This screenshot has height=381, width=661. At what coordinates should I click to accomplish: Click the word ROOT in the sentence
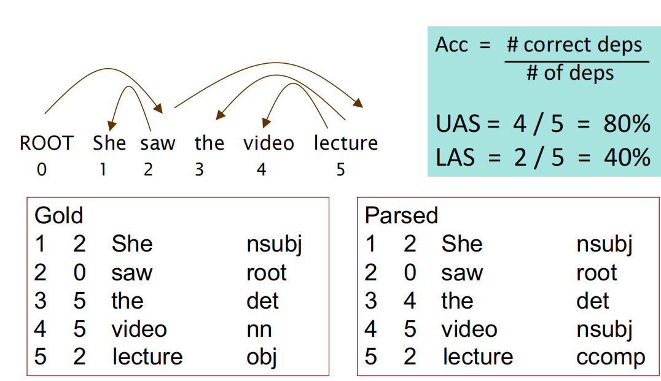click(46, 144)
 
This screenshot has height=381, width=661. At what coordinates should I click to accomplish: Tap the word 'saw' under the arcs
click(157, 144)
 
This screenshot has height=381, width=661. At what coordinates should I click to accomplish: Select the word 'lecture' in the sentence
click(345, 144)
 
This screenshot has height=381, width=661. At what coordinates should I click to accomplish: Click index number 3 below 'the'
click(199, 169)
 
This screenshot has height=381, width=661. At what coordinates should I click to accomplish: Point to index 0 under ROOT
click(41, 169)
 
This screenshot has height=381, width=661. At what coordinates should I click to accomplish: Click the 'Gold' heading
click(58, 215)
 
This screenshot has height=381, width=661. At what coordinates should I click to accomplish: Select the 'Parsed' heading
click(401, 215)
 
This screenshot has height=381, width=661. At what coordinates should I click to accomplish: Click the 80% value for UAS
click(626, 125)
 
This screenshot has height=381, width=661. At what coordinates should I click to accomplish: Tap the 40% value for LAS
click(626, 157)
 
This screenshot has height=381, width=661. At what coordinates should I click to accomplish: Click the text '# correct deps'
click(574, 45)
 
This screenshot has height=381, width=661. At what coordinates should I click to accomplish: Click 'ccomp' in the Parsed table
click(611, 357)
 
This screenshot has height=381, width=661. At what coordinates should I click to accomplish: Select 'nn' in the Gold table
click(259, 329)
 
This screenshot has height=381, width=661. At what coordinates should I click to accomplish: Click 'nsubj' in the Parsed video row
click(604, 329)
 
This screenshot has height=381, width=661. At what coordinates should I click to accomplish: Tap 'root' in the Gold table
click(267, 272)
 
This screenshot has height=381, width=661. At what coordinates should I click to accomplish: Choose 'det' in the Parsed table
click(593, 301)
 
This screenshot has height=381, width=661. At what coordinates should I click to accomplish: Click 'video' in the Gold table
click(139, 329)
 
